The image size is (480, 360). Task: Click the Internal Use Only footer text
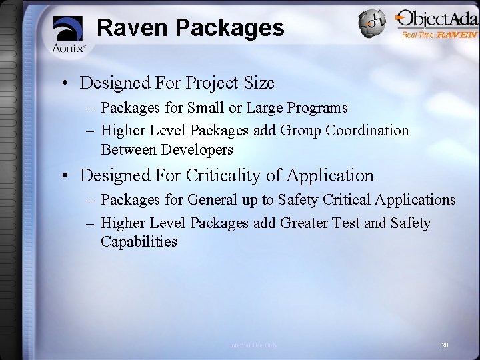tap(253, 345)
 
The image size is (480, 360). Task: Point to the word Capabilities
tap(139, 241)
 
